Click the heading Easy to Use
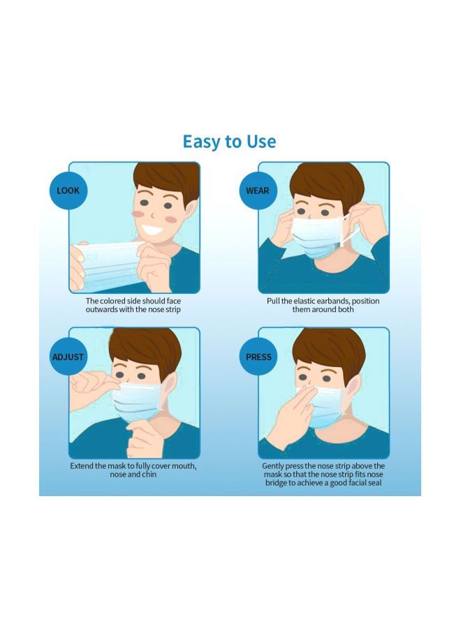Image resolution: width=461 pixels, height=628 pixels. point(229,142)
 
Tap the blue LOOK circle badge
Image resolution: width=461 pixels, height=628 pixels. point(68,190)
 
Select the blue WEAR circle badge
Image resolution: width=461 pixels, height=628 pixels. point(258,190)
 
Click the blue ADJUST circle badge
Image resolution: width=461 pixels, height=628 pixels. point(68,357)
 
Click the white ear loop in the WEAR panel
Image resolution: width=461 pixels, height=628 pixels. point(349,230)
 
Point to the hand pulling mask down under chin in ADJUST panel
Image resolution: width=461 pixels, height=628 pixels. point(143,436)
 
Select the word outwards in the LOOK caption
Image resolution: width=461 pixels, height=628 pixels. point(102,309)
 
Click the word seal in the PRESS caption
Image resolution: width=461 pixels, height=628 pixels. point(372,482)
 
